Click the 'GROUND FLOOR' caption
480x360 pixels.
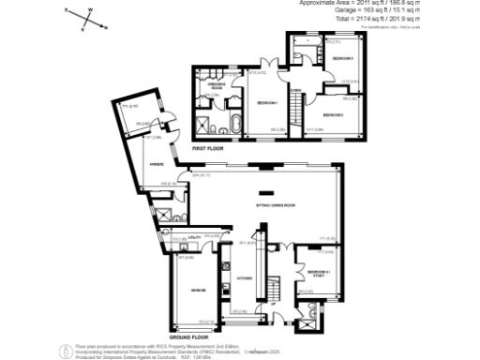pyautogui.click(x=188, y=335)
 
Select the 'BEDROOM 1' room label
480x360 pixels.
pyautogui.click(x=267, y=102)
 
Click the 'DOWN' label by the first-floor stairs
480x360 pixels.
pyautogui.click(x=294, y=91)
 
